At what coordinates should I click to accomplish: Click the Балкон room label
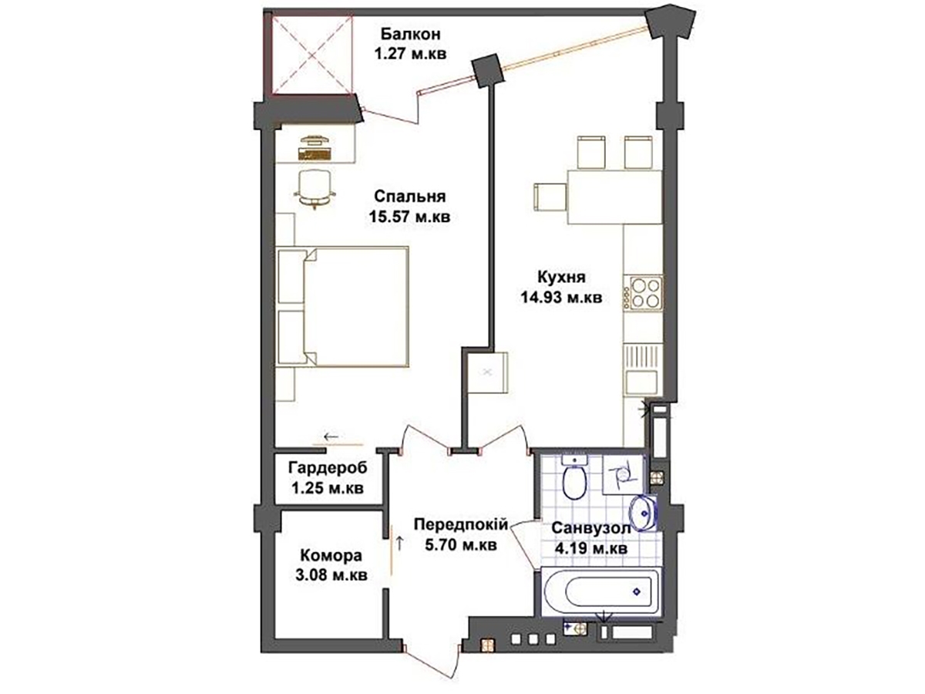point(410,34)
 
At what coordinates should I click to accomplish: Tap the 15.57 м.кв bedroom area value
point(409,217)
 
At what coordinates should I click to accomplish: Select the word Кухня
point(561,278)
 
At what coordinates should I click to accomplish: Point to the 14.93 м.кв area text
point(561,298)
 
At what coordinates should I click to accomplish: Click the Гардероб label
point(328,467)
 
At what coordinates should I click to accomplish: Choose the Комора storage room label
point(331,555)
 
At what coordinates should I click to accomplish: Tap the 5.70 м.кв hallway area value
point(461,545)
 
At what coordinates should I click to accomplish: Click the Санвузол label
point(590,528)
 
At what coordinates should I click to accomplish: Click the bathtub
point(601,591)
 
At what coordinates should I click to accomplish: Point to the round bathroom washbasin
point(643,514)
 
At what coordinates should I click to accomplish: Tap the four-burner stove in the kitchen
point(643,294)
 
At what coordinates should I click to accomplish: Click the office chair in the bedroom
point(314,190)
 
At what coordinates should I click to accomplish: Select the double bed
point(342,306)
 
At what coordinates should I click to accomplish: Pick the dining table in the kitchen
point(614,197)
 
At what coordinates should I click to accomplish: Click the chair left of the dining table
point(550,197)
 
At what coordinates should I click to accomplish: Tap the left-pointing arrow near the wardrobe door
point(331,436)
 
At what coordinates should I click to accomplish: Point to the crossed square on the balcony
point(311,56)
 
